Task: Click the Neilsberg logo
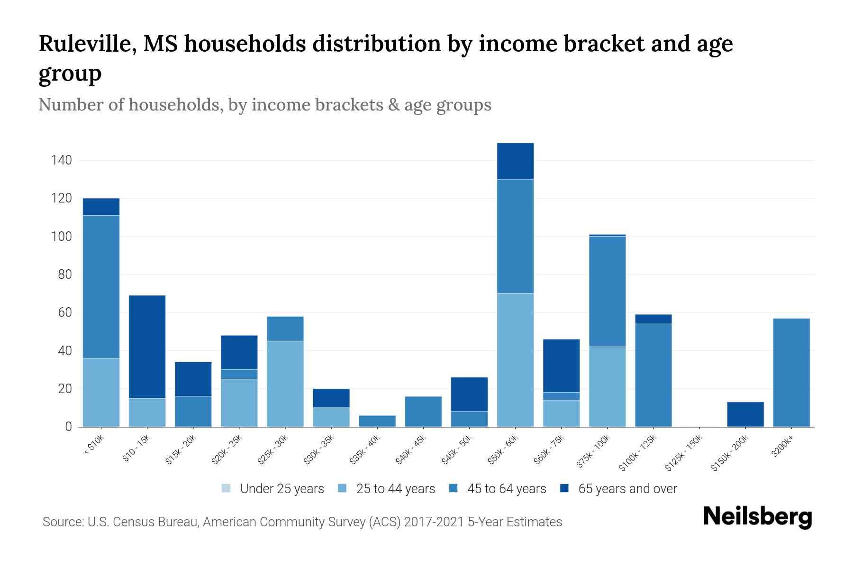[757, 517]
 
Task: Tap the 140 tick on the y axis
[62, 160]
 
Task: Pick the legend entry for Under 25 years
[273, 488]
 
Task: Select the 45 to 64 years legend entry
[498, 488]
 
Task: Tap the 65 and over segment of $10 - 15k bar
[147, 347]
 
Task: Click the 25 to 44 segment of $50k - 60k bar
[515, 360]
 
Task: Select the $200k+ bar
[791, 372]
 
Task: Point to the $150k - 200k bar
[745, 414]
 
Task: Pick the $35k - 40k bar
[377, 421]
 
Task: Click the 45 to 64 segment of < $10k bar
[101, 286]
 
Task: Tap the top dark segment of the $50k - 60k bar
[515, 161]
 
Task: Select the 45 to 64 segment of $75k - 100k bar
[607, 291]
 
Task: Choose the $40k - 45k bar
[423, 412]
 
